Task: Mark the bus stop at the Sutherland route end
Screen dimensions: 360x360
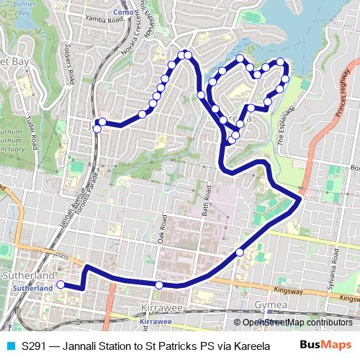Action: (60, 284)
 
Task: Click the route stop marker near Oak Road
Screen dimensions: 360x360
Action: (159, 285)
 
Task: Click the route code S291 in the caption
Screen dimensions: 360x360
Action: (35, 346)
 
